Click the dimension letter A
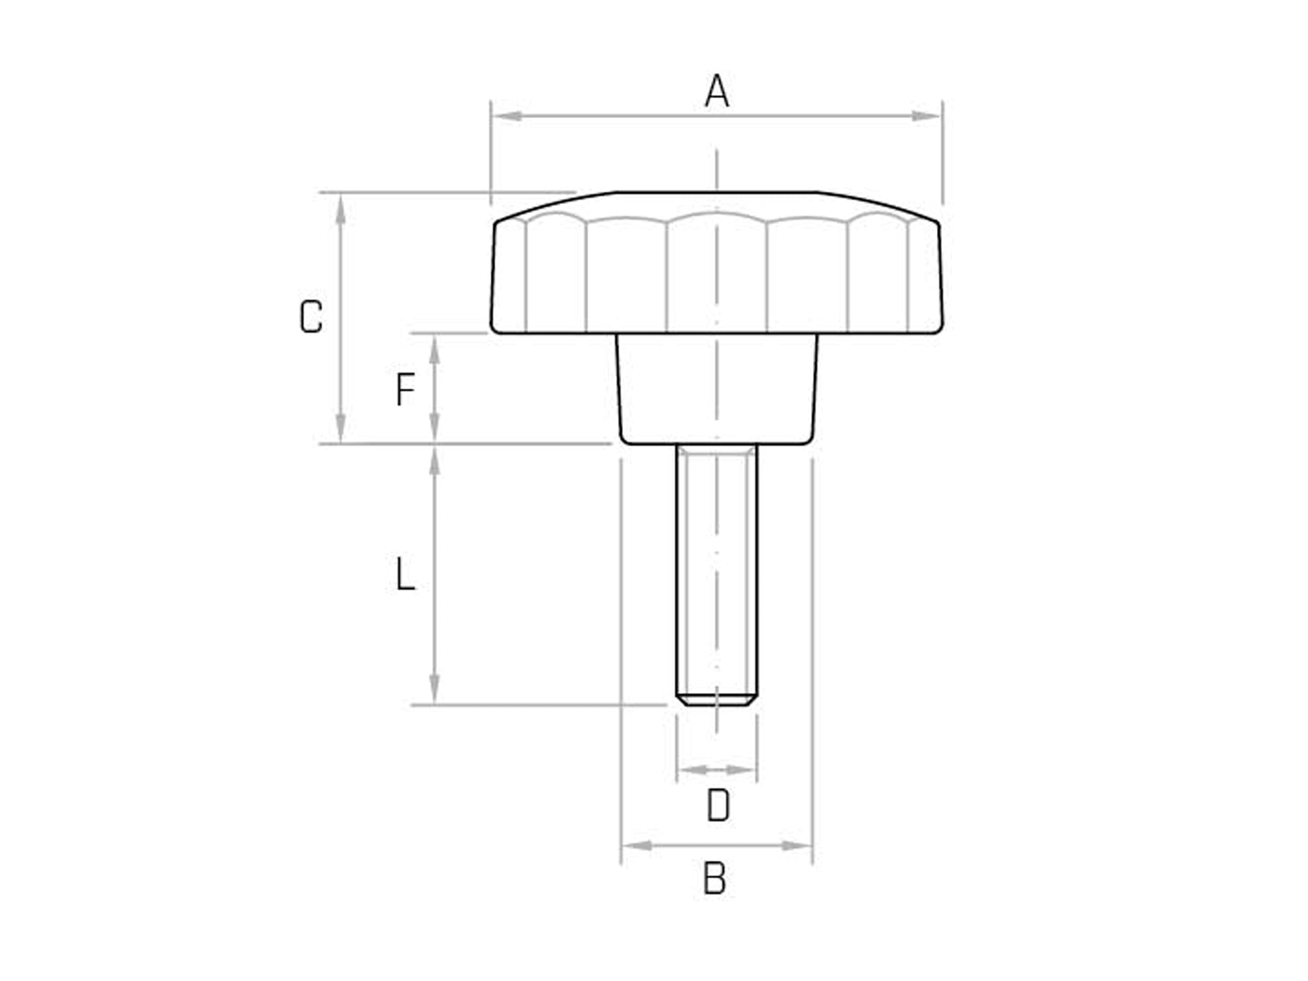coord(717,91)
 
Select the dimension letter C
coord(311,317)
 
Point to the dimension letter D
coord(718,806)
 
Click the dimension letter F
coord(406,389)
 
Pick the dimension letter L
coord(406,574)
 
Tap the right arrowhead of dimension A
coord(925,116)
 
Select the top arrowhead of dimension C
coord(341,209)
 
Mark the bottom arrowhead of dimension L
coord(435,689)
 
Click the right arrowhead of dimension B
coord(797,846)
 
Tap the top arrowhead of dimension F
coord(435,350)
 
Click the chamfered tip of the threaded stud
coord(716,700)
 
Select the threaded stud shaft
coord(716,571)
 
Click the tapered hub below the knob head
coord(716,389)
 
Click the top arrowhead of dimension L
coord(435,461)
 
